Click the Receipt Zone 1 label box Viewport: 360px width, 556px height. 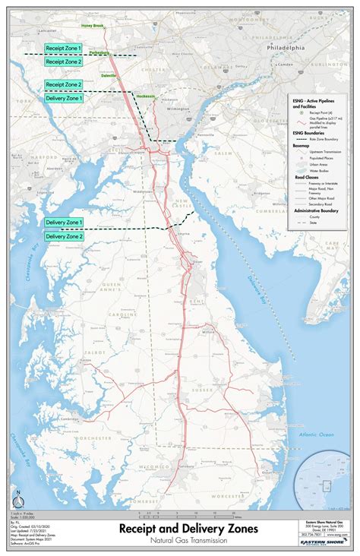tap(64, 48)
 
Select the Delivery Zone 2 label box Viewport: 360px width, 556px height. tap(64, 237)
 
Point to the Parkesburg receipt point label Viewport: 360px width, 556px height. tap(99, 52)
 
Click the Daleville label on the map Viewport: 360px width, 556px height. tap(109, 76)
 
